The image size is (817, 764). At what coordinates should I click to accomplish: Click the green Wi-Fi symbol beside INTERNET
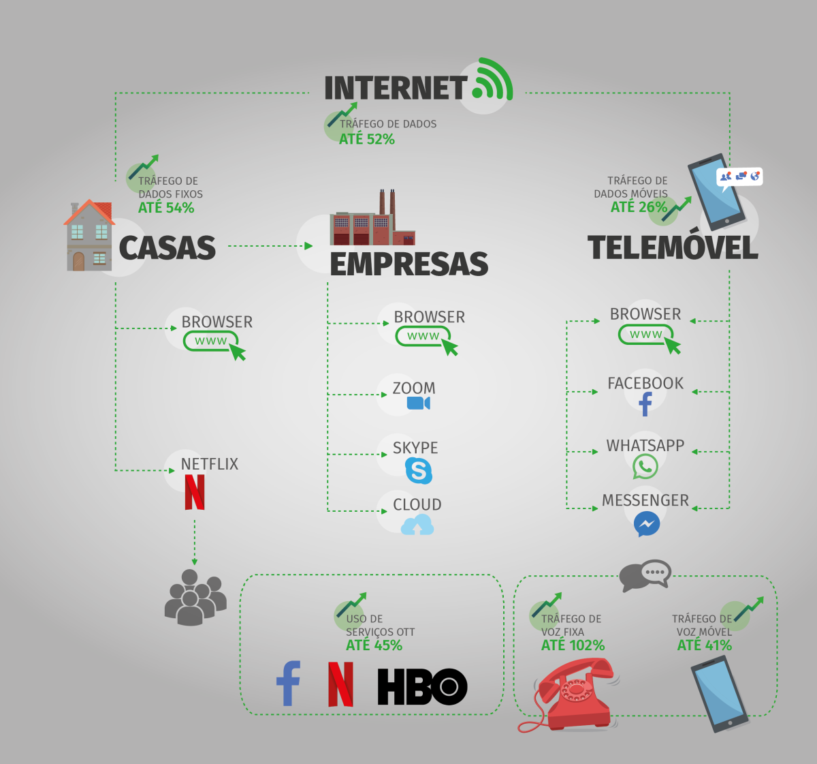[x=492, y=80]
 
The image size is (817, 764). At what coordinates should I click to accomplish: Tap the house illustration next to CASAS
[x=89, y=236]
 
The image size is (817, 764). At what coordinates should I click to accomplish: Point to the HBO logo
[x=422, y=686]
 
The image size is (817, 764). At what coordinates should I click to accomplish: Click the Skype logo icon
[x=419, y=470]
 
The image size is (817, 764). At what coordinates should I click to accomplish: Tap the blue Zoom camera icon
[x=418, y=403]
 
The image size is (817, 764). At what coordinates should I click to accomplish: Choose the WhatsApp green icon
[x=645, y=467]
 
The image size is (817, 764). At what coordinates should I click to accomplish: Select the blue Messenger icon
[x=646, y=524]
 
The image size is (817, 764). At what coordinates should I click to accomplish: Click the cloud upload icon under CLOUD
[x=417, y=525]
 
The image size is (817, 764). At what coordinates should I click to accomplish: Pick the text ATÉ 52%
[x=367, y=139]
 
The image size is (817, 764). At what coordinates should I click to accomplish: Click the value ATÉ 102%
[x=573, y=645]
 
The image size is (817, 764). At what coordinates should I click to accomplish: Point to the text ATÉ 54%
[x=166, y=208]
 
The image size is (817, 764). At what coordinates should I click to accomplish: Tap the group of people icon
[x=195, y=598]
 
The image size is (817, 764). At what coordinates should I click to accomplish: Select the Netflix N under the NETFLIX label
[x=195, y=492]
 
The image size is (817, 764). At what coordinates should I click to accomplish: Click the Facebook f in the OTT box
[x=289, y=684]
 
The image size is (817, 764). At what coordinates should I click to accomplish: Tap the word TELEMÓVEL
[x=673, y=247]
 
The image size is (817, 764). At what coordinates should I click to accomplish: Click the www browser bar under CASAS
[x=211, y=341]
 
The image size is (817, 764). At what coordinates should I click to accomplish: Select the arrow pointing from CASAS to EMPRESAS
[x=270, y=246]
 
